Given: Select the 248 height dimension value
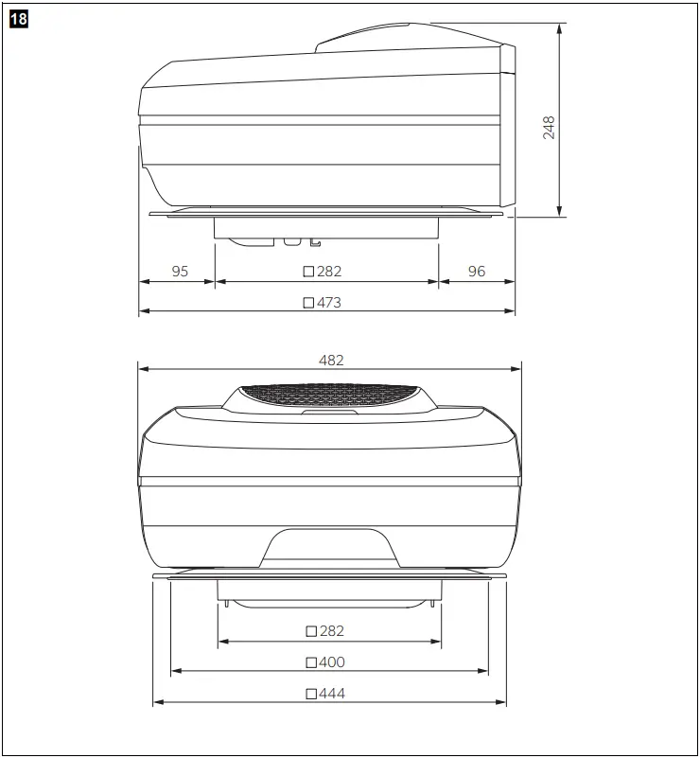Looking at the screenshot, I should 549,128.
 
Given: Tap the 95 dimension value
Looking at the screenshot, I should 180,272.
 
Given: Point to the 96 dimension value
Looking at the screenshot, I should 477,272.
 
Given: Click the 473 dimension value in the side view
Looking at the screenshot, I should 329,303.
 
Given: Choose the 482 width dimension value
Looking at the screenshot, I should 331,361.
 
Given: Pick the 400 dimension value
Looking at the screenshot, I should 332,662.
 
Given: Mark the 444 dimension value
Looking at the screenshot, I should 332,694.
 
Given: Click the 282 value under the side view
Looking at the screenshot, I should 329,272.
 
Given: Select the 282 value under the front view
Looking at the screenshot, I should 332,631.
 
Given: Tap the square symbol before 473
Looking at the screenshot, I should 308,303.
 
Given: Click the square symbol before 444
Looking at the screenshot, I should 311,694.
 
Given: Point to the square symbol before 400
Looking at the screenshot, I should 311,662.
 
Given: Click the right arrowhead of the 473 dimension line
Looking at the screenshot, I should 511,311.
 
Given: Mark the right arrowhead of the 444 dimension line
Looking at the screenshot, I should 502,702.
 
